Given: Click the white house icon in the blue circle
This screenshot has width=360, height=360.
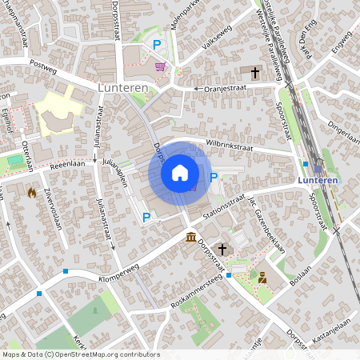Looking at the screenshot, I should tap(180, 173).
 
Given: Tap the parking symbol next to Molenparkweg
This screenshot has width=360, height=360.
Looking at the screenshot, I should tap(157, 46).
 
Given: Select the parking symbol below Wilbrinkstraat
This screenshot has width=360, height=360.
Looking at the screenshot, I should tap(214, 177).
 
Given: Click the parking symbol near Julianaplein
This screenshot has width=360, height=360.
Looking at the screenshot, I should tap(146, 217).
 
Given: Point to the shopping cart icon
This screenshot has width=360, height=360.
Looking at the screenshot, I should tap(160, 66).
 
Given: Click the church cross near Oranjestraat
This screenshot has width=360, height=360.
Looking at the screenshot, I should tap(255, 73).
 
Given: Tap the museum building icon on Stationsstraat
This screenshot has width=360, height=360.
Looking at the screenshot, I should tap(191, 238).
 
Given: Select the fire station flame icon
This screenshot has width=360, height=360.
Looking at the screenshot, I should tap(32, 192).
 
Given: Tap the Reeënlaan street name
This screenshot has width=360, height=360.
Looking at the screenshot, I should tap(67, 163).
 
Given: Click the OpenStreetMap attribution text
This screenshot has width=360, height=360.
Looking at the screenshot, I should tap(80, 354).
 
